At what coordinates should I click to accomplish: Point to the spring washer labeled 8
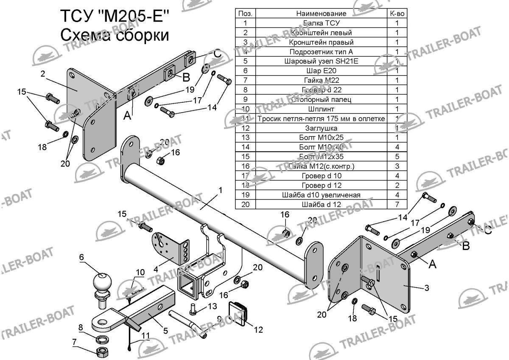[102, 339]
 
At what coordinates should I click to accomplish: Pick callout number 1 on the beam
[221, 192]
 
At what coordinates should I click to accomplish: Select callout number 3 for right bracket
[426, 288]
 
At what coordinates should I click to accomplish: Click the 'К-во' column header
[397, 14]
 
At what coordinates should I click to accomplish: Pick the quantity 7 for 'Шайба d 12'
[397, 205]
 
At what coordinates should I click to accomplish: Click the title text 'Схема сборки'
[115, 35]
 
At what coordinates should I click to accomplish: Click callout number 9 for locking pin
[219, 319]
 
